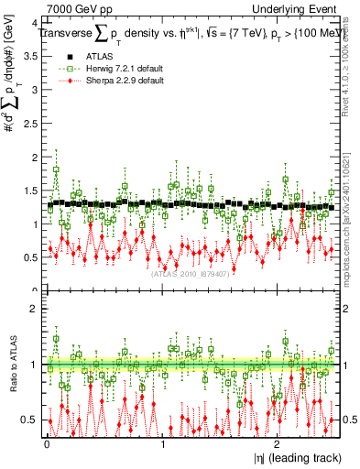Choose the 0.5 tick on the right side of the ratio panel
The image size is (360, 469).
click(349, 420)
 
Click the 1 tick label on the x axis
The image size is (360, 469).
click(162, 445)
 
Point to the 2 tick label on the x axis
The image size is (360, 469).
click(278, 445)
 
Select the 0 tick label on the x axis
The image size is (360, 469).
click(47, 445)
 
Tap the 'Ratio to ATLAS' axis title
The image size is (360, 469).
click(10, 365)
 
